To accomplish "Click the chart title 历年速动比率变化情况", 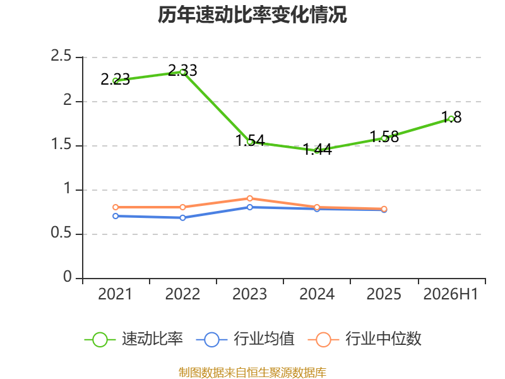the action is click(x=252, y=15).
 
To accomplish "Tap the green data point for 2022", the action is click(x=182, y=72).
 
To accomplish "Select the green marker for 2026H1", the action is click(x=451, y=119).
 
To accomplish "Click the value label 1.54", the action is click(x=250, y=140).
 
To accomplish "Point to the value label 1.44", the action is click(x=318, y=150).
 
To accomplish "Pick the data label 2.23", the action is click(x=116, y=80).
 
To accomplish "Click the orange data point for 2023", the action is click(x=250, y=198).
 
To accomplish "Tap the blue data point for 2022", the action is click(x=182, y=218).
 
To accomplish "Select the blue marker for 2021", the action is click(x=116, y=216).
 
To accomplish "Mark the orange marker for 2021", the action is click(x=116, y=207).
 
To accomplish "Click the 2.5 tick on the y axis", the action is click(x=61, y=56).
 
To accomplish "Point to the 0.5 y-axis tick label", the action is click(x=61, y=232).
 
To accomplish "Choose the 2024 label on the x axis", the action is click(x=317, y=294).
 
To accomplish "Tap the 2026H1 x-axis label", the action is click(x=451, y=294).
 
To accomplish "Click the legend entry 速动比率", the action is click(x=134, y=339).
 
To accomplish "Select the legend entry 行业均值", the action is click(x=245, y=339).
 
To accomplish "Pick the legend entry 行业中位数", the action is click(x=365, y=339).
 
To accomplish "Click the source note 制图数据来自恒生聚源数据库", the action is click(x=252, y=373).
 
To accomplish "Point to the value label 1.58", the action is click(x=384, y=137).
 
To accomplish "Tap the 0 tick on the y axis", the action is click(x=68, y=277).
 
